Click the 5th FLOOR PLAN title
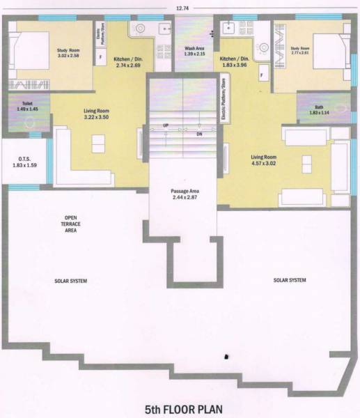[180, 408]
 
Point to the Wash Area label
[194, 51]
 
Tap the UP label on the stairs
[166, 125]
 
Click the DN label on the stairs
[199, 133]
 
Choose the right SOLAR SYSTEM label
[290, 280]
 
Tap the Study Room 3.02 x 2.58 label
[67, 53]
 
